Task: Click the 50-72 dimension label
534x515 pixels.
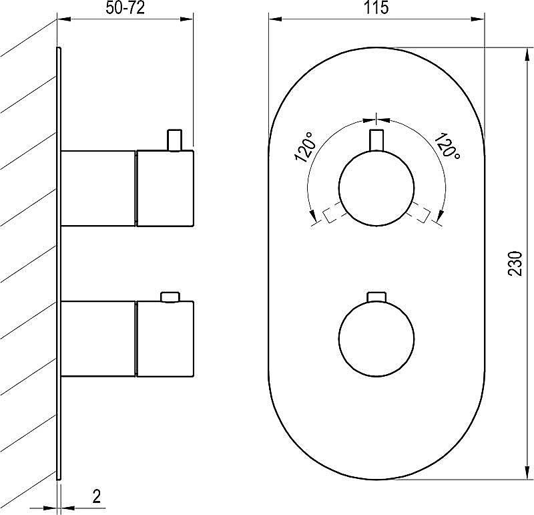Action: (125, 8)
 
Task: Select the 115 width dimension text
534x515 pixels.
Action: (376, 8)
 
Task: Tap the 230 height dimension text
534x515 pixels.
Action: (515, 263)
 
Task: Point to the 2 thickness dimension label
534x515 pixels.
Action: (97, 496)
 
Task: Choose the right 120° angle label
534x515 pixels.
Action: (447, 146)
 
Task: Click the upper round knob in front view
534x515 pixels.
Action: (376, 188)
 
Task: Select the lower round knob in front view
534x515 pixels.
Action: (376, 339)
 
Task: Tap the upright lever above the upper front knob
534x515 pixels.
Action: (376, 140)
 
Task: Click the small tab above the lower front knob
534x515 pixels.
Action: (376, 297)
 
